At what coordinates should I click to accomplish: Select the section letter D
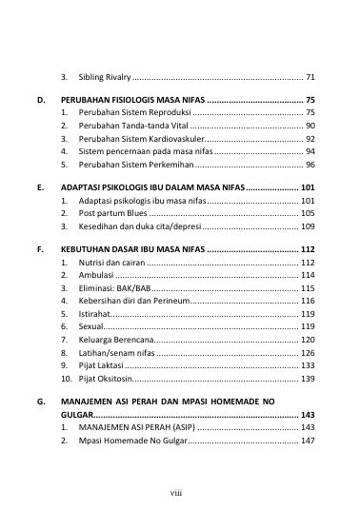40,100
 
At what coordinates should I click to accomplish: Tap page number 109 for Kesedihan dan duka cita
308,227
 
